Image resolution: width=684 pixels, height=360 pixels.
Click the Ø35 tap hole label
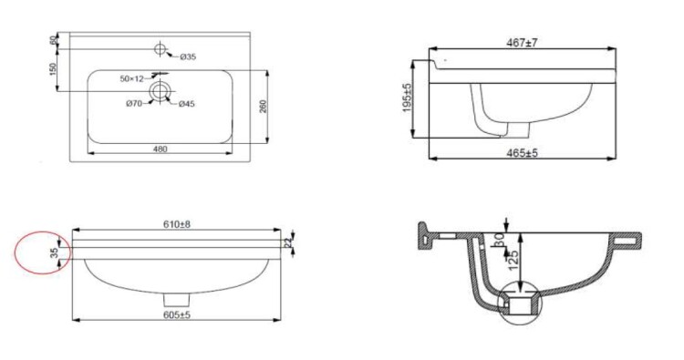pyautogui.click(x=188, y=57)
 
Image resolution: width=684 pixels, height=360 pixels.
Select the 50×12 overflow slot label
pyautogui.click(x=131, y=79)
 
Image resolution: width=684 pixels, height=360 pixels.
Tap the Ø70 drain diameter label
pyautogui.click(x=134, y=104)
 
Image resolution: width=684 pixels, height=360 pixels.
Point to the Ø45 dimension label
pyautogui.click(x=186, y=104)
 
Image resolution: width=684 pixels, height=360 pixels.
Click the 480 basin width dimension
pyautogui.click(x=161, y=149)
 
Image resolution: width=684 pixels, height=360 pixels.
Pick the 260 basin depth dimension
pyautogui.click(x=263, y=107)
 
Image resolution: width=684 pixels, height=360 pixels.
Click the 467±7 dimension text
pyautogui.click(x=522, y=43)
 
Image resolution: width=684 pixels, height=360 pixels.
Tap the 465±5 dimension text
pyautogui.click(x=522, y=153)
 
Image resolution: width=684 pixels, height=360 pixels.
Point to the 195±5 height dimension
pyautogui.click(x=408, y=98)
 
